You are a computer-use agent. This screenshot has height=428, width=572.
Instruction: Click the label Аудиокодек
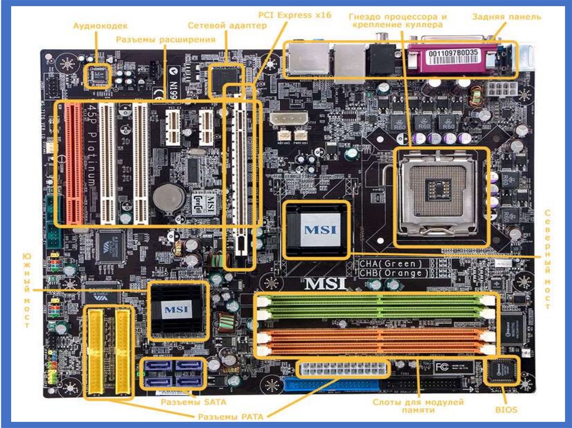(101, 26)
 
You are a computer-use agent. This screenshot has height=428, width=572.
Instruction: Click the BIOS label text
(506, 410)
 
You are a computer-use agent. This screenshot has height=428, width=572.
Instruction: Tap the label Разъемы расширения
(166, 40)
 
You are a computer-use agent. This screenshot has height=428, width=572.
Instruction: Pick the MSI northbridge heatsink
(317, 230)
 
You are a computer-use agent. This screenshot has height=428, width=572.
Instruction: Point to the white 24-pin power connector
(342, 369)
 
